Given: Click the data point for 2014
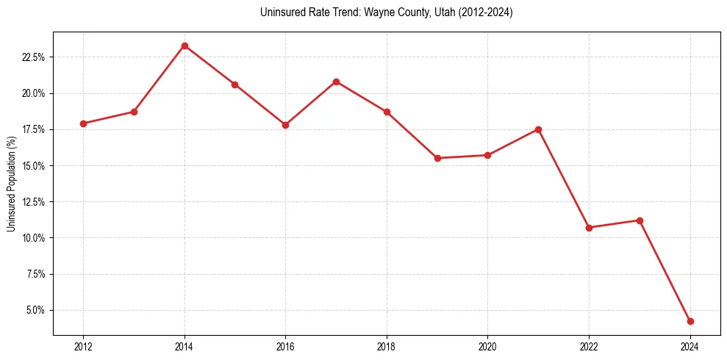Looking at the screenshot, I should pos(185,46).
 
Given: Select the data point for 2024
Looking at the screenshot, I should pos(690,321).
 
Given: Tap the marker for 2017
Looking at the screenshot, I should pos(336,82).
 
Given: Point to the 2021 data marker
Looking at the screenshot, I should pos(538,129).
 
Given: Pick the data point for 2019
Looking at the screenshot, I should pos(437,158).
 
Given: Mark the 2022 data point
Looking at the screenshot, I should pos(589,228).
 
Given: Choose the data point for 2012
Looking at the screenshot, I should pos(83,123).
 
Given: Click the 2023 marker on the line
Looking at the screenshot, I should pos(640,220).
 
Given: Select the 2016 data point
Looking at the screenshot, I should pos(285,125).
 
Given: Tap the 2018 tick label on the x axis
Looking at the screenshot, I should pos(387,347).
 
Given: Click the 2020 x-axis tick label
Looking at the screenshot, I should pos(487,347).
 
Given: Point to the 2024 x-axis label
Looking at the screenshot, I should pos(690,347).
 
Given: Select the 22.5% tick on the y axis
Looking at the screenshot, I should pos(34,57).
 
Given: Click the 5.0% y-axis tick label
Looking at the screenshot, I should pos(36,310).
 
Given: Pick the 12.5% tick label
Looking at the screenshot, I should pos(34,202).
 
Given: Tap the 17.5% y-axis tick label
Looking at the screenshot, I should pos(34,129).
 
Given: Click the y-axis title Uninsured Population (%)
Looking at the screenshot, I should pos(11,184).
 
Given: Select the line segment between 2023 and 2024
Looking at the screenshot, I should pos(665,271).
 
